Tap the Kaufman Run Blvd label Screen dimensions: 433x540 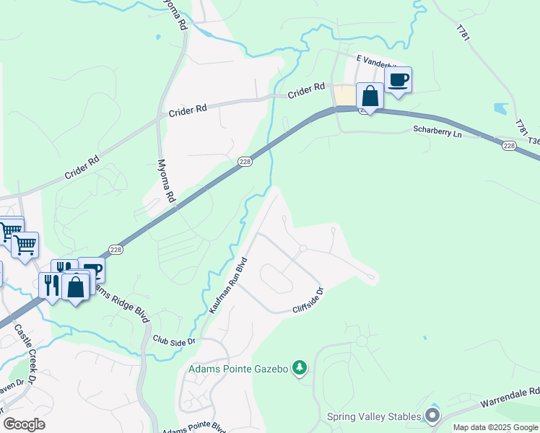click(x=228, y=284)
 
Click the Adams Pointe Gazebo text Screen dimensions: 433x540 click(x=238, y=369)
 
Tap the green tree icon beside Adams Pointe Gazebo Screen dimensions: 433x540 click(x=300, y=369)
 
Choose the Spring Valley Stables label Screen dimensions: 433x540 click(x=373, y=416)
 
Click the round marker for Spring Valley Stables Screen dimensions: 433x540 click(x=432, y=415)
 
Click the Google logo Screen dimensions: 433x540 click(x=24, y=424)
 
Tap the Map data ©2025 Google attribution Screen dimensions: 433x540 click(x=496, y=427)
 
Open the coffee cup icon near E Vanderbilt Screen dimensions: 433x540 click(x=398, y=80)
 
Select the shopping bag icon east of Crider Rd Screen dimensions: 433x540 click(x=370, y=96)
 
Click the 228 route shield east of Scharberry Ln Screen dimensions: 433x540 click(x=510, y=146)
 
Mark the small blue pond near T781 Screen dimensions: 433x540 click(x=500, y=109)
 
